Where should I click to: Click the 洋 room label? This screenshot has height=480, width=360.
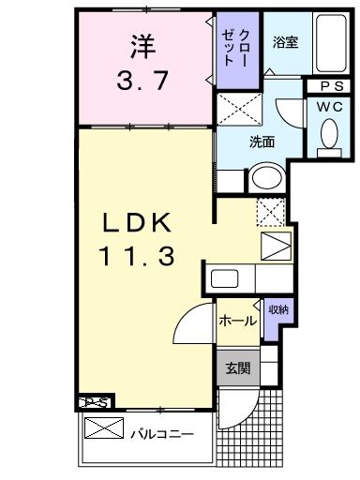click(x=142, y=47)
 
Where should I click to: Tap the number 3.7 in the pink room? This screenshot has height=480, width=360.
click(x=142, y=80)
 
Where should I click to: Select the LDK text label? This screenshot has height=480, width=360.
click(x=137, y=222)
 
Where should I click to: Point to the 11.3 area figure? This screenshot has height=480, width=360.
click(x=137, y=256)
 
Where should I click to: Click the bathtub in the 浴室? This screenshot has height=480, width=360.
click(x=331, y=43)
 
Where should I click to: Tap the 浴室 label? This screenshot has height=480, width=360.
click(x=285, y=42)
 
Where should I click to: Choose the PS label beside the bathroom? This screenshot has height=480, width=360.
click(x=332, y=86)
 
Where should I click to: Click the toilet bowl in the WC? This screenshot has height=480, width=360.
click(x=329, y=133)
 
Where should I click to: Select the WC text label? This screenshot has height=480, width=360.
click(x=329, y=107)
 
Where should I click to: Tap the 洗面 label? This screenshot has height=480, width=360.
click(x=262, y=142)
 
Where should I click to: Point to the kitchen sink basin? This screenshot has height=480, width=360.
click(x=225, y=278)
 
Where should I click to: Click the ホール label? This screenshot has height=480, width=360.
click(x=238, y=321)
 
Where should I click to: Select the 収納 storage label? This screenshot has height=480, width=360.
click(x=278, y=309)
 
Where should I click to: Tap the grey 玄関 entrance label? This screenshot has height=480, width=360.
click(x=238, y=368)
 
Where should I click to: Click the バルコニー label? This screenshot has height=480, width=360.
click(x=162, y=434)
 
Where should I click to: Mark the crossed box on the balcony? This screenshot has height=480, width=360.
click(x=104, y=427)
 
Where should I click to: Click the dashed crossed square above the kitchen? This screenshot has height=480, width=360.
click(x=271, y=212)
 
